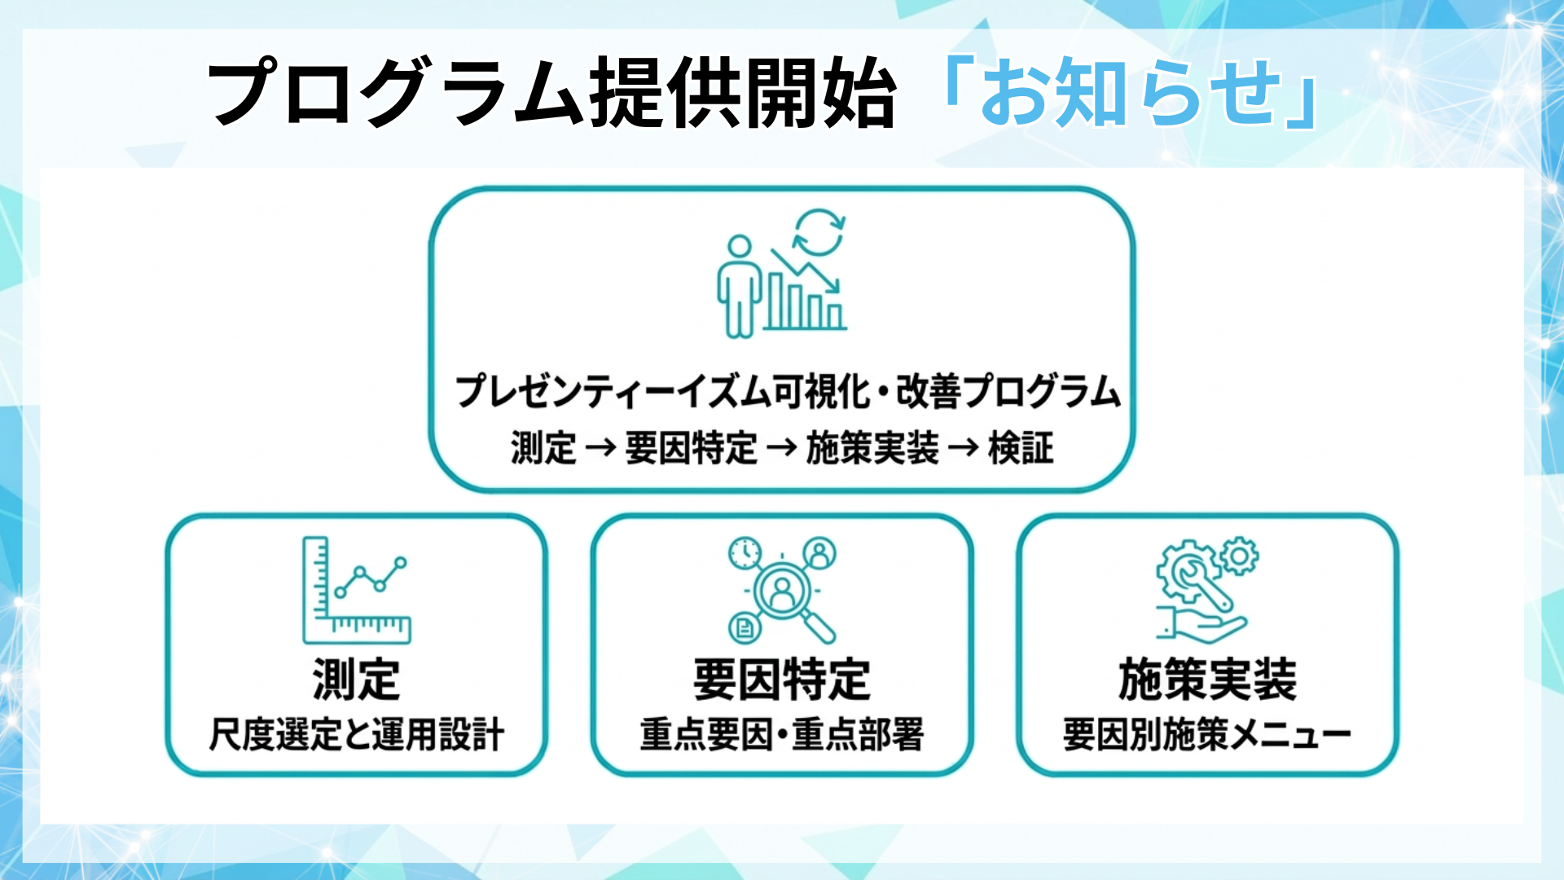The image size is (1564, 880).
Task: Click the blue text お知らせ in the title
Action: pos(1129,94)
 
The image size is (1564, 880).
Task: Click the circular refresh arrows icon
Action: pos(819,232)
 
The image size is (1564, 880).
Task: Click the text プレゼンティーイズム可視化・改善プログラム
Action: pos(787,391)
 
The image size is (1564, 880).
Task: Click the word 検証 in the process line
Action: pos(1021,448)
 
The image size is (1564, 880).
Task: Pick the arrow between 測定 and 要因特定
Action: pos(600,448)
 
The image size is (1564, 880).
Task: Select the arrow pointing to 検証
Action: pos(963,448)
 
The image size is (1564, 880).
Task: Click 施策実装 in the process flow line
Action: pos(872,448)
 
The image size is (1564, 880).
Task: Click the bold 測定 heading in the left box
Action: pos(356,680)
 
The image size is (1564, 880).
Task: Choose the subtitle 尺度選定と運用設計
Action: pos(356,734)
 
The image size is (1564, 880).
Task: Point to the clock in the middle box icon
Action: pos(745,553)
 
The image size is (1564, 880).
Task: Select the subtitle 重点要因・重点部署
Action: pos(781,734)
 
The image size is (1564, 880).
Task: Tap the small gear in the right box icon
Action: pos(1239,556)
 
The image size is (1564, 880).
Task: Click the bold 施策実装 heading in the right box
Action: pos(1207,680)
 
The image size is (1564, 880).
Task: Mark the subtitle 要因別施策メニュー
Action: pos(1207,734)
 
